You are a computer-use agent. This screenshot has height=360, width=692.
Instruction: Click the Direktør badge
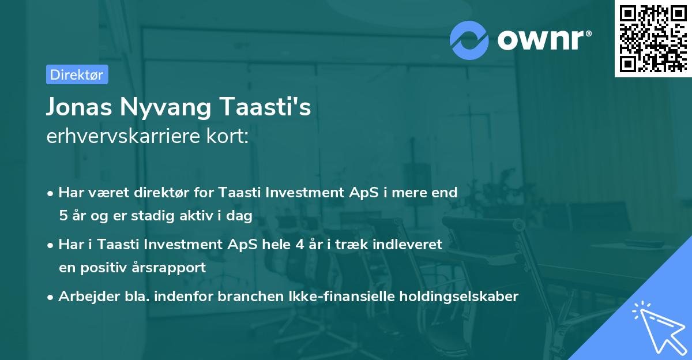[x=77, y=74]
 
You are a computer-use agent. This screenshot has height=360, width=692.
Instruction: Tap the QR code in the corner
[x=653, y=38]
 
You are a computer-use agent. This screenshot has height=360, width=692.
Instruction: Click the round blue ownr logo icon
[x=469, y=40]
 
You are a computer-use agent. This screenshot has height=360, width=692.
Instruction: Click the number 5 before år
[x=62, y=216]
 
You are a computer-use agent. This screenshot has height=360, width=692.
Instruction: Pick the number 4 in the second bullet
[x=299, y=244]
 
